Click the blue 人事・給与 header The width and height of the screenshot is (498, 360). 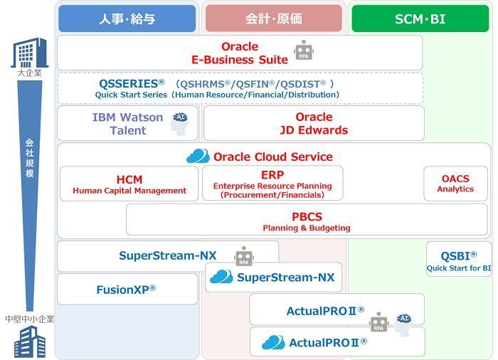click(127, 18)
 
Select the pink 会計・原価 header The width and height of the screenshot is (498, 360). click(274, 18)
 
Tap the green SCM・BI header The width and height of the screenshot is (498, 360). click(420, 18)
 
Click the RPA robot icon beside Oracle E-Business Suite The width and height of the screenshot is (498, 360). click(304, 50)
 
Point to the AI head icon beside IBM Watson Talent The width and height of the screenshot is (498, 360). click(180, 124)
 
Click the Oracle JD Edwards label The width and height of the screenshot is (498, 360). click(314, 124)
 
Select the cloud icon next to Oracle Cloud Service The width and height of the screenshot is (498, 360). click(198, 156)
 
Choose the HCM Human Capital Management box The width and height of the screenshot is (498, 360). click(129, 184)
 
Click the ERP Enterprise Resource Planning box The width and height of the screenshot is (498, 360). click(272, 184)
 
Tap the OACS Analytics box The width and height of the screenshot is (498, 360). click(455, 184)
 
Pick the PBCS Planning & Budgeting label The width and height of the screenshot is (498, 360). click(307, 221)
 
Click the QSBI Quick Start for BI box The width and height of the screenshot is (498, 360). click(459, 259)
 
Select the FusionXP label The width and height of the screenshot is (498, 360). click(126, 290)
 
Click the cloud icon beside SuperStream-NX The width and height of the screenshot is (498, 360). click(222, 277)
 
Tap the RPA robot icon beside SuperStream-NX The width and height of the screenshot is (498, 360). click(244, 256)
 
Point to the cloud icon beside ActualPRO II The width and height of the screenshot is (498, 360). click(273, 342)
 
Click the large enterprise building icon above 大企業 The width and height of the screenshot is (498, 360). click(30, 53)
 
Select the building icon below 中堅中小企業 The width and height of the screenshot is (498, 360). click(30, 342)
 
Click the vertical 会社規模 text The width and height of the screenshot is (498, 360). click(30, 158)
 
